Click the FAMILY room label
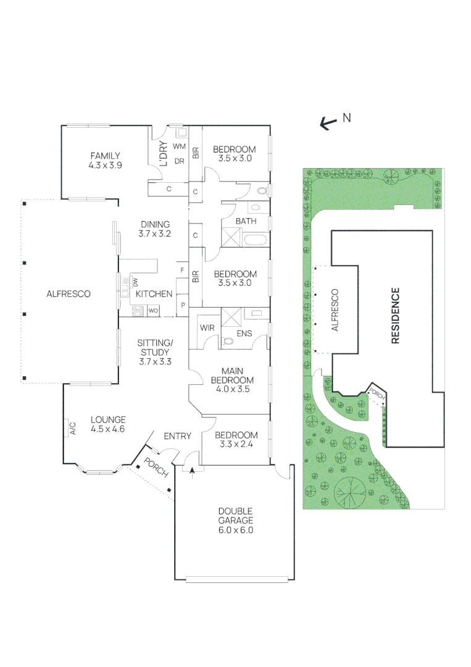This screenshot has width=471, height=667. coord(105,156)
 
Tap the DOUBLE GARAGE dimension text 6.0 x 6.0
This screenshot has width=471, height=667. coord(235,530)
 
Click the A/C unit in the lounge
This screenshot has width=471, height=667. coord(72,427)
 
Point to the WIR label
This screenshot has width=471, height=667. coord(207,328)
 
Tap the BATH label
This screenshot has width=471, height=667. coord(246,221)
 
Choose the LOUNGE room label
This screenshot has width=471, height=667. coord(108,419)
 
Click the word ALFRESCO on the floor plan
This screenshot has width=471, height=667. coord(68,294)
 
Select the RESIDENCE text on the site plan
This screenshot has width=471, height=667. coord(395,315)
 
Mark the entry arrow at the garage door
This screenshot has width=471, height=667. coord(193,472)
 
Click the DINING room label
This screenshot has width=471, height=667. coord(155,225)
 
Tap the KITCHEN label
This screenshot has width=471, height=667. coord(154,294)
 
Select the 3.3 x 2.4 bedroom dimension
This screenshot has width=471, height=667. coord(235,443)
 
